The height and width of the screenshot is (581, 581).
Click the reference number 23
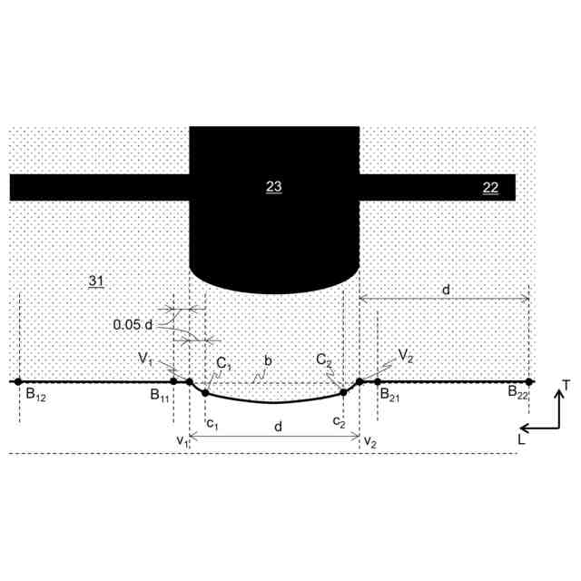(274, 186)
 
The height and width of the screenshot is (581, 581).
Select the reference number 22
(490, 188)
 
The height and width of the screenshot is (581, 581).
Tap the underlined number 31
(96, 281)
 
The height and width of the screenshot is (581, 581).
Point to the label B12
(36, 395)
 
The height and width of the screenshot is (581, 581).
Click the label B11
(160, 395)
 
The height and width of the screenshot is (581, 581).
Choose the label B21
(389, 394)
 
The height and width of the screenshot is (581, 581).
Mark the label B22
(517, 392)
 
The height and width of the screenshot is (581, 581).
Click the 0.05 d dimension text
(133, 325)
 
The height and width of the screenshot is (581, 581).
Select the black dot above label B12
(18, 381)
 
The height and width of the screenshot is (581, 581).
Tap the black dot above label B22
(529, 381)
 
